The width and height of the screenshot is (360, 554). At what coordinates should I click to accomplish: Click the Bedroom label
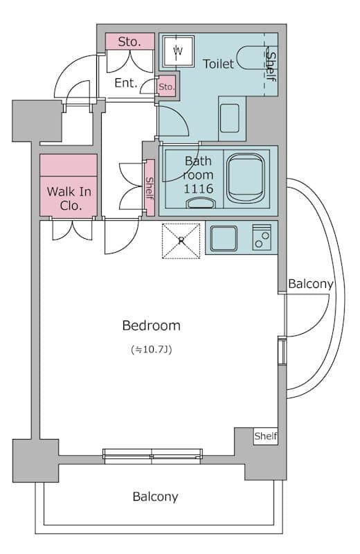click(151, 325)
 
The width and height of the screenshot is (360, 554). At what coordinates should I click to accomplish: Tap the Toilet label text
click(218, 64)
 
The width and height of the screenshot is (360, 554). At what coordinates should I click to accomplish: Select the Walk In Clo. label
click(69, 199)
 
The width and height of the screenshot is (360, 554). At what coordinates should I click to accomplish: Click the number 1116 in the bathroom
click(198, 188)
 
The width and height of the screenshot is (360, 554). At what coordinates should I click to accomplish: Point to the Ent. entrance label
click(126, 83)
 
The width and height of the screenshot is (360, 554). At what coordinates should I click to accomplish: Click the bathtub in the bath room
click(245, 178)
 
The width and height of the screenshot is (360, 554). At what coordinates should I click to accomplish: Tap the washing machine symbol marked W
click(179, 51)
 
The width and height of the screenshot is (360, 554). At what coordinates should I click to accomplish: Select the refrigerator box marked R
click(181, 241)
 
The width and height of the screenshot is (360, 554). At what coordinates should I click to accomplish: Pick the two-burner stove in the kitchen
click(262, 238)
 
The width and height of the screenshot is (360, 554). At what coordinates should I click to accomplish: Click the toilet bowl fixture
click(251, 58)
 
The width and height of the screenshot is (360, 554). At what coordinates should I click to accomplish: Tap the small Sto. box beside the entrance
click(166, 87)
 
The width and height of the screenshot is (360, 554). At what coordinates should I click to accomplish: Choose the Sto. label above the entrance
click(129, 42)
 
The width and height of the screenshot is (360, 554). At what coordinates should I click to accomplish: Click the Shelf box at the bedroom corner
click(265, 436)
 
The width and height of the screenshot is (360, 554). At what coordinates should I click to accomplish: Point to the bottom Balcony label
click(155, 497)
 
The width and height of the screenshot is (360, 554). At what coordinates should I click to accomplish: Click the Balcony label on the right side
click(311, 284)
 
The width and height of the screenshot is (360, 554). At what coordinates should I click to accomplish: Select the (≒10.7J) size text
click(151, 350)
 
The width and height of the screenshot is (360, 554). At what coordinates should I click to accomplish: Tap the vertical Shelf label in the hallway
click(150, 188)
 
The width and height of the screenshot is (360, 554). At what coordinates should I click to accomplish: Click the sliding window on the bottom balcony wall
click(152, 456)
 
